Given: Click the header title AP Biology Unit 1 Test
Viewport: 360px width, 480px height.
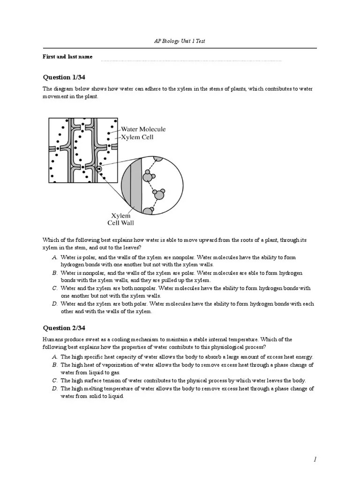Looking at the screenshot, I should (x=180, y=41).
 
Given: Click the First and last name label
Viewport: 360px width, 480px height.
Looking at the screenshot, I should (x=67, y=57).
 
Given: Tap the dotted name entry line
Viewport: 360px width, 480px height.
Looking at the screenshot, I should (x=191, y=60).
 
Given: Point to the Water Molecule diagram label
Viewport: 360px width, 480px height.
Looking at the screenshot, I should (x=143, y=129).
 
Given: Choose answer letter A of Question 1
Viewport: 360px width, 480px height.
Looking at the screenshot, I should (x=55, y=258).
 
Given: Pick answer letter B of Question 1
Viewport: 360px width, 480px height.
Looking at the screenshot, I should (x=55, y=273).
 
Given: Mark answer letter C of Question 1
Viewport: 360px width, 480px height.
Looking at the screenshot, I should (x=55, y=288).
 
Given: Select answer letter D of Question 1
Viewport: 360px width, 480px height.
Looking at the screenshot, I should (x=55, y=304).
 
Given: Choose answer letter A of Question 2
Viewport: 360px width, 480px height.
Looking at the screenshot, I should (x=55, y=357).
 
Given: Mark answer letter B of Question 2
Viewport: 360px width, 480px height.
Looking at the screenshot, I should (x=55, y=365).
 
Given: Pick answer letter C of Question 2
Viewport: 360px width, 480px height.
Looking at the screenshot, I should (x=55, y=381).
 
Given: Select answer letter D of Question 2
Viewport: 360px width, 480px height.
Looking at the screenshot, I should (x=55, y=389).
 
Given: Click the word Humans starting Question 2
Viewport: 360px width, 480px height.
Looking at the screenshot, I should (x=52, y=339).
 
